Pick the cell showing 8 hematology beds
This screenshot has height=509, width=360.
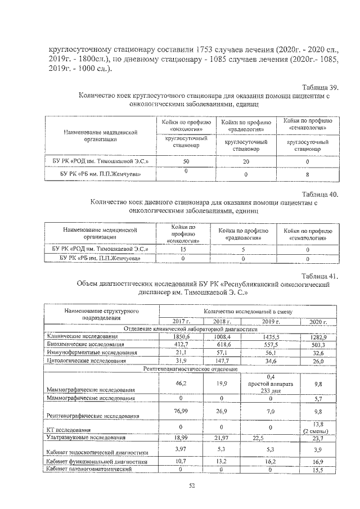[x=307, y=174]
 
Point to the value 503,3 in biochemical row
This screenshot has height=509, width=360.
[x=318, y=344]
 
